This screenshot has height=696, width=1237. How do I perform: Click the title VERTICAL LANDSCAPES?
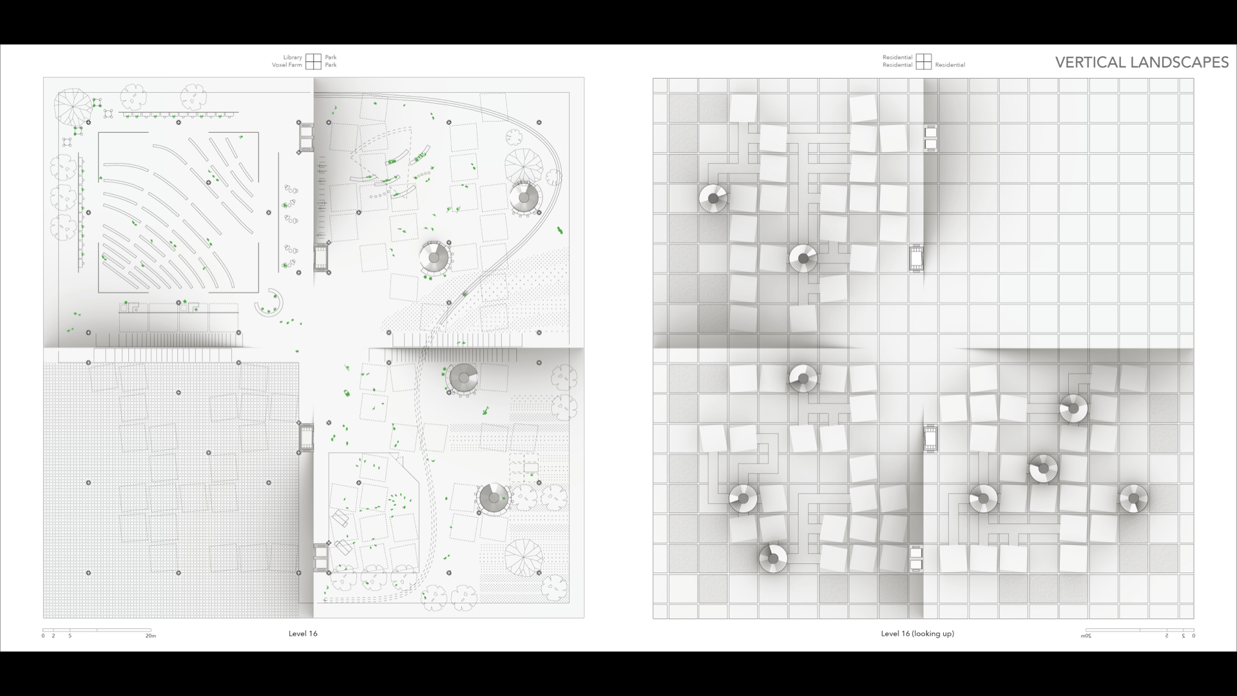click(1142, 62)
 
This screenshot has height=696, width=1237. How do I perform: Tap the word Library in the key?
click(292, 57)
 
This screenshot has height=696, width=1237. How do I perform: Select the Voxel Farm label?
click(287, 65)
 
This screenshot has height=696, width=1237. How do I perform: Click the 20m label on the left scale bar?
click(150, 636)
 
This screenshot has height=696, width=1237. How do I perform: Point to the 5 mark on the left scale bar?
click(70, 636)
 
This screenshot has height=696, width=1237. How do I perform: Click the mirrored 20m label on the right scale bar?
click(1086, 636)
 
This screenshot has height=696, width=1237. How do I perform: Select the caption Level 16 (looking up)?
click(917, 633)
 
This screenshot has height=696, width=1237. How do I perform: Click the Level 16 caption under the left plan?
click(303, 633)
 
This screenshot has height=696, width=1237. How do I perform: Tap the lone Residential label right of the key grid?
click(950, 65)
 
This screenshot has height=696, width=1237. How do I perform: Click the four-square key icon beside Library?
click(314, 61)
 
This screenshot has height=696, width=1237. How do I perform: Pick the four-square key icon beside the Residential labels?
click(924, 61)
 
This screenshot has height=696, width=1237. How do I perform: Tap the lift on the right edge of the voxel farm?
click(306, 438)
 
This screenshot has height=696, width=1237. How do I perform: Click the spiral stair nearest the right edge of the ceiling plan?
click(1133, 499)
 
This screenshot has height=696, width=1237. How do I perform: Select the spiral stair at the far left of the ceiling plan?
click(713, 199)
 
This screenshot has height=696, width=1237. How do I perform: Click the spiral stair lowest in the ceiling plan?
click(772, 559)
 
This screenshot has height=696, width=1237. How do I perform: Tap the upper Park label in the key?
click(331, 57)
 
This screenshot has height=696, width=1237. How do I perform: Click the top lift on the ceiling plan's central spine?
click(930, 138)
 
